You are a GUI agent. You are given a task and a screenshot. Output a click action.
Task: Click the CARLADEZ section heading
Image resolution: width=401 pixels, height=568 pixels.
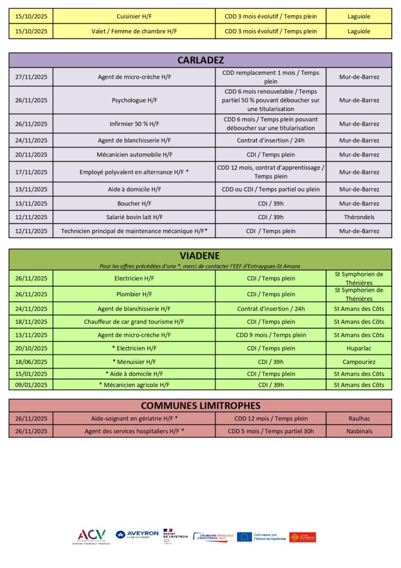pos(200,60)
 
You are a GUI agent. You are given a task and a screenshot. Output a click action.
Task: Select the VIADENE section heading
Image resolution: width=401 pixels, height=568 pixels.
pos(200,256)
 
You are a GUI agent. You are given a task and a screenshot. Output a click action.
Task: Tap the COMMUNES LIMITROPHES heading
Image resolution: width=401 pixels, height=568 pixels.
pos(200,405)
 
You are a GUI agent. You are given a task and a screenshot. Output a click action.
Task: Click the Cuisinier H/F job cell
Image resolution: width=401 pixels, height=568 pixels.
pos(135,16)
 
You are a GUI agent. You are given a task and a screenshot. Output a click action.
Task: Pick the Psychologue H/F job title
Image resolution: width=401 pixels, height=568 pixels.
pos(135,100)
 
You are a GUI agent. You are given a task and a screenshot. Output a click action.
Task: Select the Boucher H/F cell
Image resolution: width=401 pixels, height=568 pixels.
pos(135,204)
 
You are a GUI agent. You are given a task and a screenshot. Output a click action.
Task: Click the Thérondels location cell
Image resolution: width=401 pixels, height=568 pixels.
pos(359,217)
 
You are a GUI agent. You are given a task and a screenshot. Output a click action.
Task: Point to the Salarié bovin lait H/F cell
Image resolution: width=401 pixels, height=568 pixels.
pos(135,217)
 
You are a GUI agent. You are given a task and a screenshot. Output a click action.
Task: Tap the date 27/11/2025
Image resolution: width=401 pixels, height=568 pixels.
pos(31,77)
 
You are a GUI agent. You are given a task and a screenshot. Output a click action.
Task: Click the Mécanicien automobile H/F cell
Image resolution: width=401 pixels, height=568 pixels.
pos(135,155)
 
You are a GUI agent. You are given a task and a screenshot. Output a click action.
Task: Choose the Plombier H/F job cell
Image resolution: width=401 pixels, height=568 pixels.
pos(135,294)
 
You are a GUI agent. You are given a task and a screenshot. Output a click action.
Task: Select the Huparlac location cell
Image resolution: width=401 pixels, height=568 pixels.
pos(359,348)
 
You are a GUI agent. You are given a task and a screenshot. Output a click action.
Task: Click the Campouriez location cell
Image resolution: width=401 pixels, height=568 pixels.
pos(359,362)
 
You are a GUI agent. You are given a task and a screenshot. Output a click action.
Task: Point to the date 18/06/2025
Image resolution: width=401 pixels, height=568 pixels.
pos(31,362)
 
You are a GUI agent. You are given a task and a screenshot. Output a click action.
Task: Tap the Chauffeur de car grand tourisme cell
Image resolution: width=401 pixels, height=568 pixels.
pos(135,322)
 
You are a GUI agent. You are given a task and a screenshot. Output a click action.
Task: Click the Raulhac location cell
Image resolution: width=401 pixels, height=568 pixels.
pos(359,418)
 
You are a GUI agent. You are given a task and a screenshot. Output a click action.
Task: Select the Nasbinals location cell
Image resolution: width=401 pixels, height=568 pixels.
pos(359,431)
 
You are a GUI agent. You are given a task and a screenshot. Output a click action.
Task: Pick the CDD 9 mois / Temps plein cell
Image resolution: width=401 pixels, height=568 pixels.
pos(271,335)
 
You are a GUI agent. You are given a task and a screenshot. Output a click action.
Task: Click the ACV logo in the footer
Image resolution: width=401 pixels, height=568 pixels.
pos(91,536)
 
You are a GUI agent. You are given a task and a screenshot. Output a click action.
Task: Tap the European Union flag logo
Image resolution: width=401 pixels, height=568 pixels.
pos(244,536)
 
